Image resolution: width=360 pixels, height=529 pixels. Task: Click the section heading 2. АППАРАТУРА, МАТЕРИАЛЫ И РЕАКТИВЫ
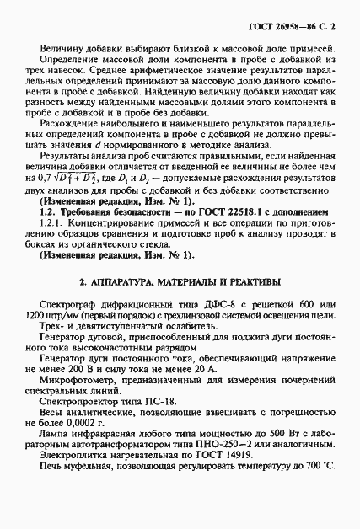pos(180,281)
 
